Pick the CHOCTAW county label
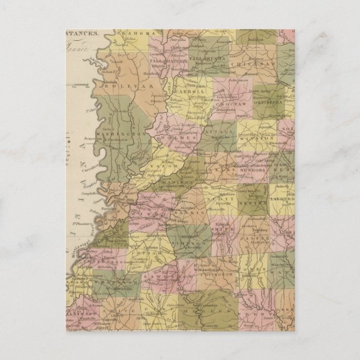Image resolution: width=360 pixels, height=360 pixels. pos(229,104)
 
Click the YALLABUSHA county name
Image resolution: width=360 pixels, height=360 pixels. pos(206,58)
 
